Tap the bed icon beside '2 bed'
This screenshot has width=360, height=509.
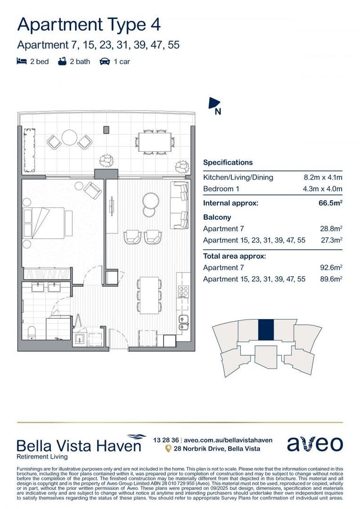[21, 61]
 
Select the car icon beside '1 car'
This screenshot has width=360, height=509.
[105, 61]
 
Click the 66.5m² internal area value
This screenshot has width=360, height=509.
[330, 204]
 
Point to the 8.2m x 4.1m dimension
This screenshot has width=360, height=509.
[323, 178]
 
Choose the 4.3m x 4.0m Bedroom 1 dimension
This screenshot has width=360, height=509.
[323, 189]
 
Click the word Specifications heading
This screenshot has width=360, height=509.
[228, 163]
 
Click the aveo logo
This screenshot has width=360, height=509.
[315, 444]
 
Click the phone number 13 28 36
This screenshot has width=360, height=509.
[166, 440]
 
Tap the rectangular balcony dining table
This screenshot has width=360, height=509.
[155, 141]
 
